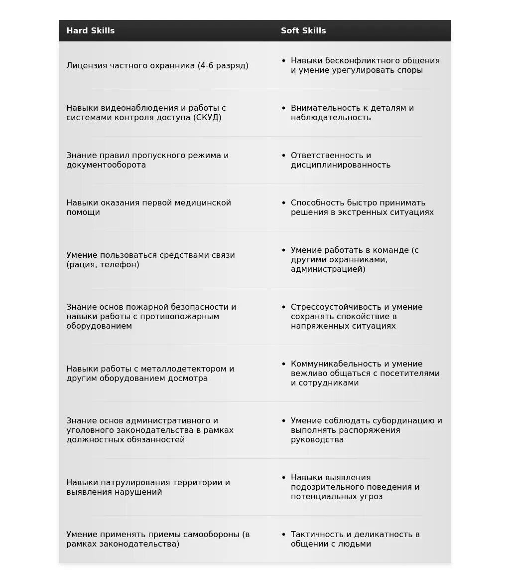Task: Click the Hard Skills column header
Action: click(x=90, y=30)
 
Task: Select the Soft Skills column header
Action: click(x=303, y=30)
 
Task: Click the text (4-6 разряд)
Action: click(x=223, y=65)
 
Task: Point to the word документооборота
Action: click(x=106, y=165)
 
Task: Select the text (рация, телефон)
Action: click(x=103, y=265)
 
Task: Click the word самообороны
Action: click(x=211, y=535)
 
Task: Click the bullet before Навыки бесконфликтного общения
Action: click(x=284, y=61)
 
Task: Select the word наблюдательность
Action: click(x=331, y=118)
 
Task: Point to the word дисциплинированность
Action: click(x=341, y=165)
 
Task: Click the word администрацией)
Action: click(x=328, y=269)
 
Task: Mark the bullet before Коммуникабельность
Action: click(x=284, y=364)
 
